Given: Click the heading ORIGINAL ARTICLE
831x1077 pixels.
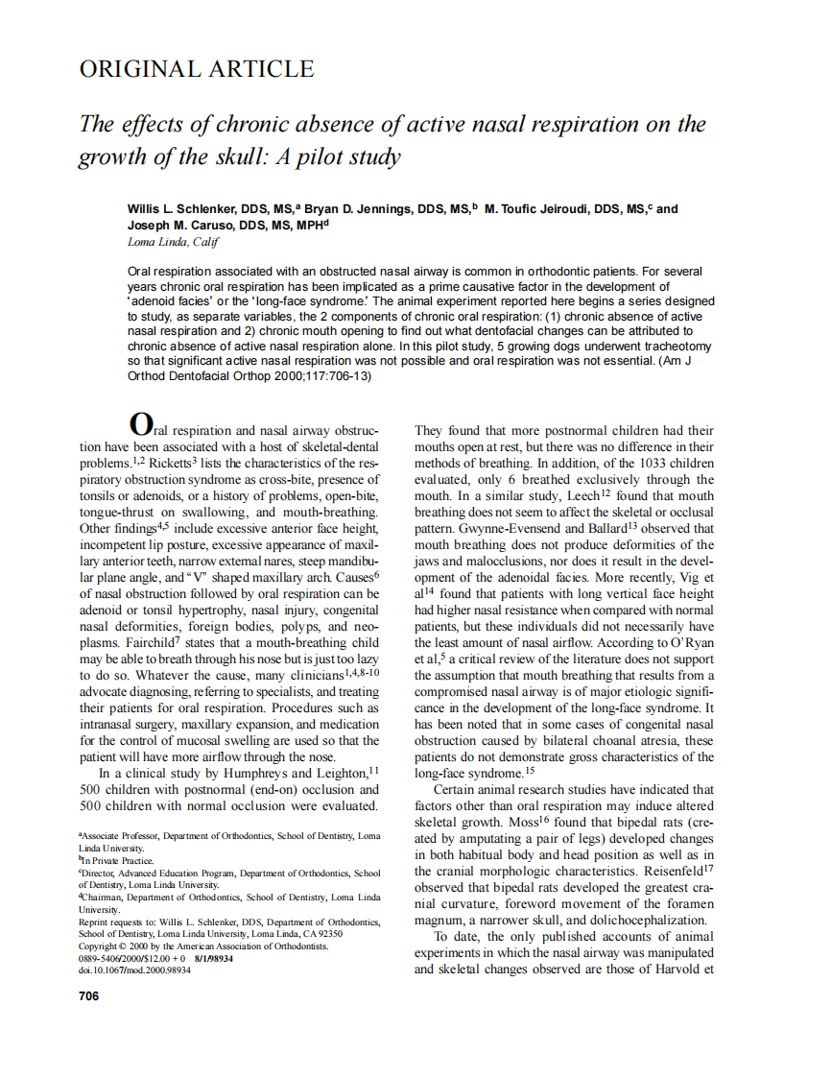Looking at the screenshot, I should click(196, 69).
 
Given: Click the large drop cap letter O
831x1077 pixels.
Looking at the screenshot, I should click(140, 423).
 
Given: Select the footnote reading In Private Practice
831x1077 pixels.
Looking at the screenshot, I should click(116, 861).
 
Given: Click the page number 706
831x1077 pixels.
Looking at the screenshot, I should click(88, 996).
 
